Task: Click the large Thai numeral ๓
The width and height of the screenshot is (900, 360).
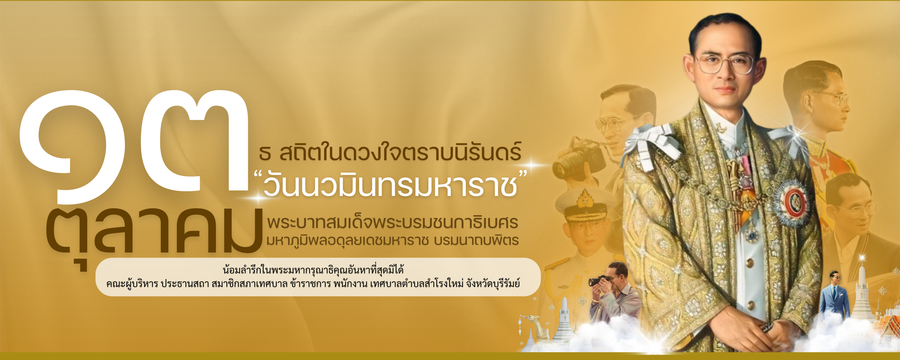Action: click(195, 141)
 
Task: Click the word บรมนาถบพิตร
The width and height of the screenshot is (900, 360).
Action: click(476, 240)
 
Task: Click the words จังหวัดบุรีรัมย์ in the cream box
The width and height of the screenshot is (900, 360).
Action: click(493, 284)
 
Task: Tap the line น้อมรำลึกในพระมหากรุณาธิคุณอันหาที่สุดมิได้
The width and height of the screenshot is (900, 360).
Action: click(313, 270)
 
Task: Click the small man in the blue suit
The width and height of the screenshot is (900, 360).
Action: click(834, 295)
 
